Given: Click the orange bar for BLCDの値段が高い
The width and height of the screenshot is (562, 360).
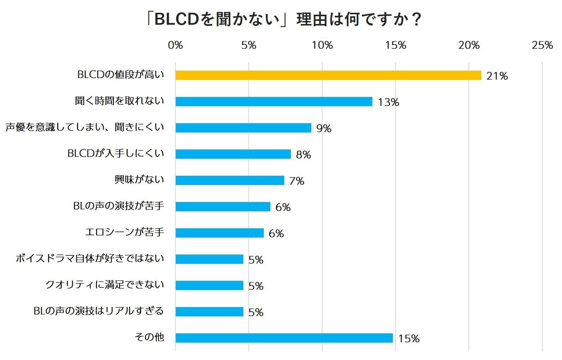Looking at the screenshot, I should coord(328,75).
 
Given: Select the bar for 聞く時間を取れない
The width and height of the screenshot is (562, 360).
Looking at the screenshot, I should coord(274,102).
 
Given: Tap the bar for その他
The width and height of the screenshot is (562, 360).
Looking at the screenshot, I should coord(284,338).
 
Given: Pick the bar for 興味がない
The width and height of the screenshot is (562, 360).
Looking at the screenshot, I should coord(230,180).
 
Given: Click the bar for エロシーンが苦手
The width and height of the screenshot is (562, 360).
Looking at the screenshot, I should coord(219,233).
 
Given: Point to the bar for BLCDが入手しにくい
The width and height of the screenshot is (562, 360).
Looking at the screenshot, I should coord(233,154).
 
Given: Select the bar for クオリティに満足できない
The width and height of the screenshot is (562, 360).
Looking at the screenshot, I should coord(209,285).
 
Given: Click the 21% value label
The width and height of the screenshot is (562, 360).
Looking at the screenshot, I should coord(497,76).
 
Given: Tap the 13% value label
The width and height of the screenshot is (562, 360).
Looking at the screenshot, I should coord(388,102).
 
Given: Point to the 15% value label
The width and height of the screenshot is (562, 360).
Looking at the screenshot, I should coord(409,339).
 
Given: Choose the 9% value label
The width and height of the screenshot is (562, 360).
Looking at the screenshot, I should coord(324,129).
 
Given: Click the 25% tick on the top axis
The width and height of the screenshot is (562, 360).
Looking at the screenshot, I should coord(542,46).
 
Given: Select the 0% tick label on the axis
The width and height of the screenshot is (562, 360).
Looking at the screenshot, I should coord(175,46).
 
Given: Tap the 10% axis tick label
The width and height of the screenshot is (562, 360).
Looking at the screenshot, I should coord(322,46).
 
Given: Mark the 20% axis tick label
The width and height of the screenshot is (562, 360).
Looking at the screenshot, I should coord(469,46).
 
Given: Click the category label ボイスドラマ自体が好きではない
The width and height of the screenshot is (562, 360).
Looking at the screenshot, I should coord(90,258).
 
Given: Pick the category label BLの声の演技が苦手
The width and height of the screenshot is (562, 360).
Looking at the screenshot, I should coord(119,206).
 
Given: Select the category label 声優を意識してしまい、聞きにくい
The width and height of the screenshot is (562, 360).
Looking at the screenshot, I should coord(85,127).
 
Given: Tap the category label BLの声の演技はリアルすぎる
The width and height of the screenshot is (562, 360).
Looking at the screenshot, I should coord(99,311).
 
